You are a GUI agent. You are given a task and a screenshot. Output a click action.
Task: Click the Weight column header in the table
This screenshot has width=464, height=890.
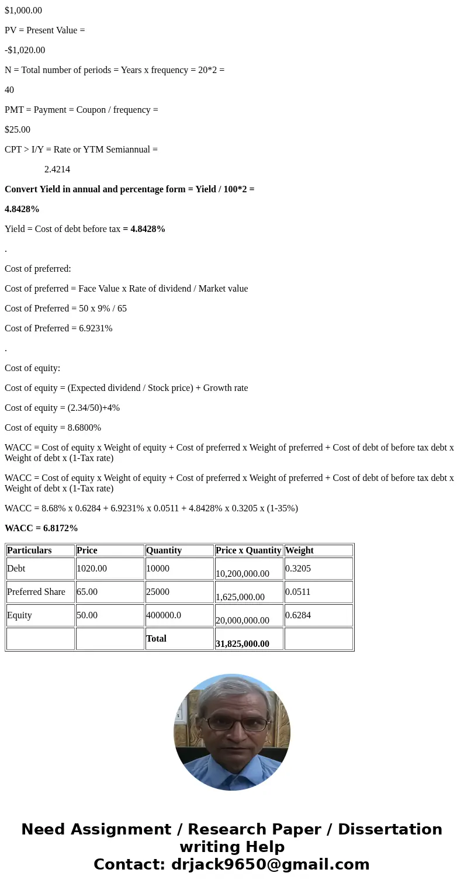tap(299, 550)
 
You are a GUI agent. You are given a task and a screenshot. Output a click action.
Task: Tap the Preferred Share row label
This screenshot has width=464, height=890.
tap(36, 592)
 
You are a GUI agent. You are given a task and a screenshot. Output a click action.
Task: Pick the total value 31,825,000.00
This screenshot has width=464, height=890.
tap(243, 644)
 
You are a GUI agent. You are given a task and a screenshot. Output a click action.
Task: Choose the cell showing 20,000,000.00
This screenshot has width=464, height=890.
tap(243, 621)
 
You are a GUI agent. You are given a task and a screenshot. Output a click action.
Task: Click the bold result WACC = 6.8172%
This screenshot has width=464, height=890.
tap(41, 528)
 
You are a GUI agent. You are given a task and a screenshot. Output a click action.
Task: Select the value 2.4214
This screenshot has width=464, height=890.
tap(57, 169)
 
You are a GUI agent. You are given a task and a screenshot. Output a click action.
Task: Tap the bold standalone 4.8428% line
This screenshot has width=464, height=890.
tap(22, 209)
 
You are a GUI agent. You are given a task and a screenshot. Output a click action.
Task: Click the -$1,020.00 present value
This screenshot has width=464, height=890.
tap(25, 50)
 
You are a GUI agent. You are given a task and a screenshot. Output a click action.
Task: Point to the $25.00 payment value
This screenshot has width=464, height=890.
tap(18, 130)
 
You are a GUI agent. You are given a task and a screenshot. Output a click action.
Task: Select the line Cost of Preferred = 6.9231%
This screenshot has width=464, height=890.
tap(58, 328)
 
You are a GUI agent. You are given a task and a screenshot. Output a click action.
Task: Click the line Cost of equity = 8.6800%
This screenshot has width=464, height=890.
tap(53, 428)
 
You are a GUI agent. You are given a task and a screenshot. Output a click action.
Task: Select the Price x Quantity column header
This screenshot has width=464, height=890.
tap(248, 550)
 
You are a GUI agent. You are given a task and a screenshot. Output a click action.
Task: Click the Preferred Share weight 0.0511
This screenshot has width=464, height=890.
tap(297, 592)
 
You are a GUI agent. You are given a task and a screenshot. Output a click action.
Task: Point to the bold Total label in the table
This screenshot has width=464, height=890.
tap(156, 639)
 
